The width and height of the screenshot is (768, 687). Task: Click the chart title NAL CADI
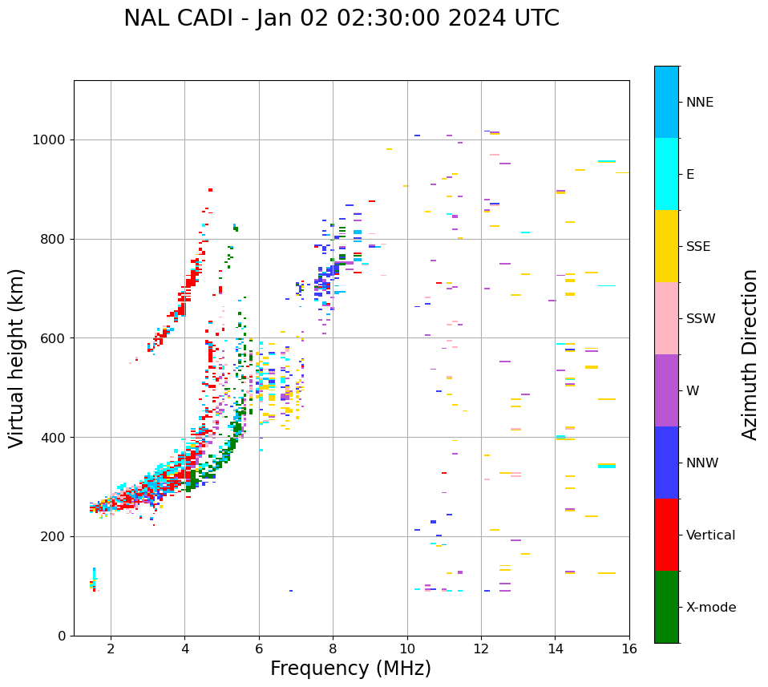341,18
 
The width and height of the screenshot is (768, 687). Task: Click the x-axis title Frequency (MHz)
350,669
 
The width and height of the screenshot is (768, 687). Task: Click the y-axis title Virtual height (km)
17,358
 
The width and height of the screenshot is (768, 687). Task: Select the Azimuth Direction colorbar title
750,354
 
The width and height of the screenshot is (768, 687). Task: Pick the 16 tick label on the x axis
629,649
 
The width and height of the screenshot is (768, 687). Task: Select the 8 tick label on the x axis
333,649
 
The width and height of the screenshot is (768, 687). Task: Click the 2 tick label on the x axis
111,649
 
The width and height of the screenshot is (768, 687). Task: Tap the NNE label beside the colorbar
699,103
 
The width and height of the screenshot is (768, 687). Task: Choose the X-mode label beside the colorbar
710,608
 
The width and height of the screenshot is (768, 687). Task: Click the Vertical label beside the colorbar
710,535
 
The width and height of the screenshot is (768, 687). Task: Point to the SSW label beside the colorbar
700,319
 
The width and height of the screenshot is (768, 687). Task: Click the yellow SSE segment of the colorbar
666,246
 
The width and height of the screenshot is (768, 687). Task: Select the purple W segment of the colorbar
666,390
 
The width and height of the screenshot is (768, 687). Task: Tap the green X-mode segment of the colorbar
666,607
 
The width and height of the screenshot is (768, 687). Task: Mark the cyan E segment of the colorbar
666,174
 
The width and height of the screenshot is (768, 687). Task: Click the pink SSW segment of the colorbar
666,318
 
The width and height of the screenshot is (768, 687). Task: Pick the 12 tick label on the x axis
481,649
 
